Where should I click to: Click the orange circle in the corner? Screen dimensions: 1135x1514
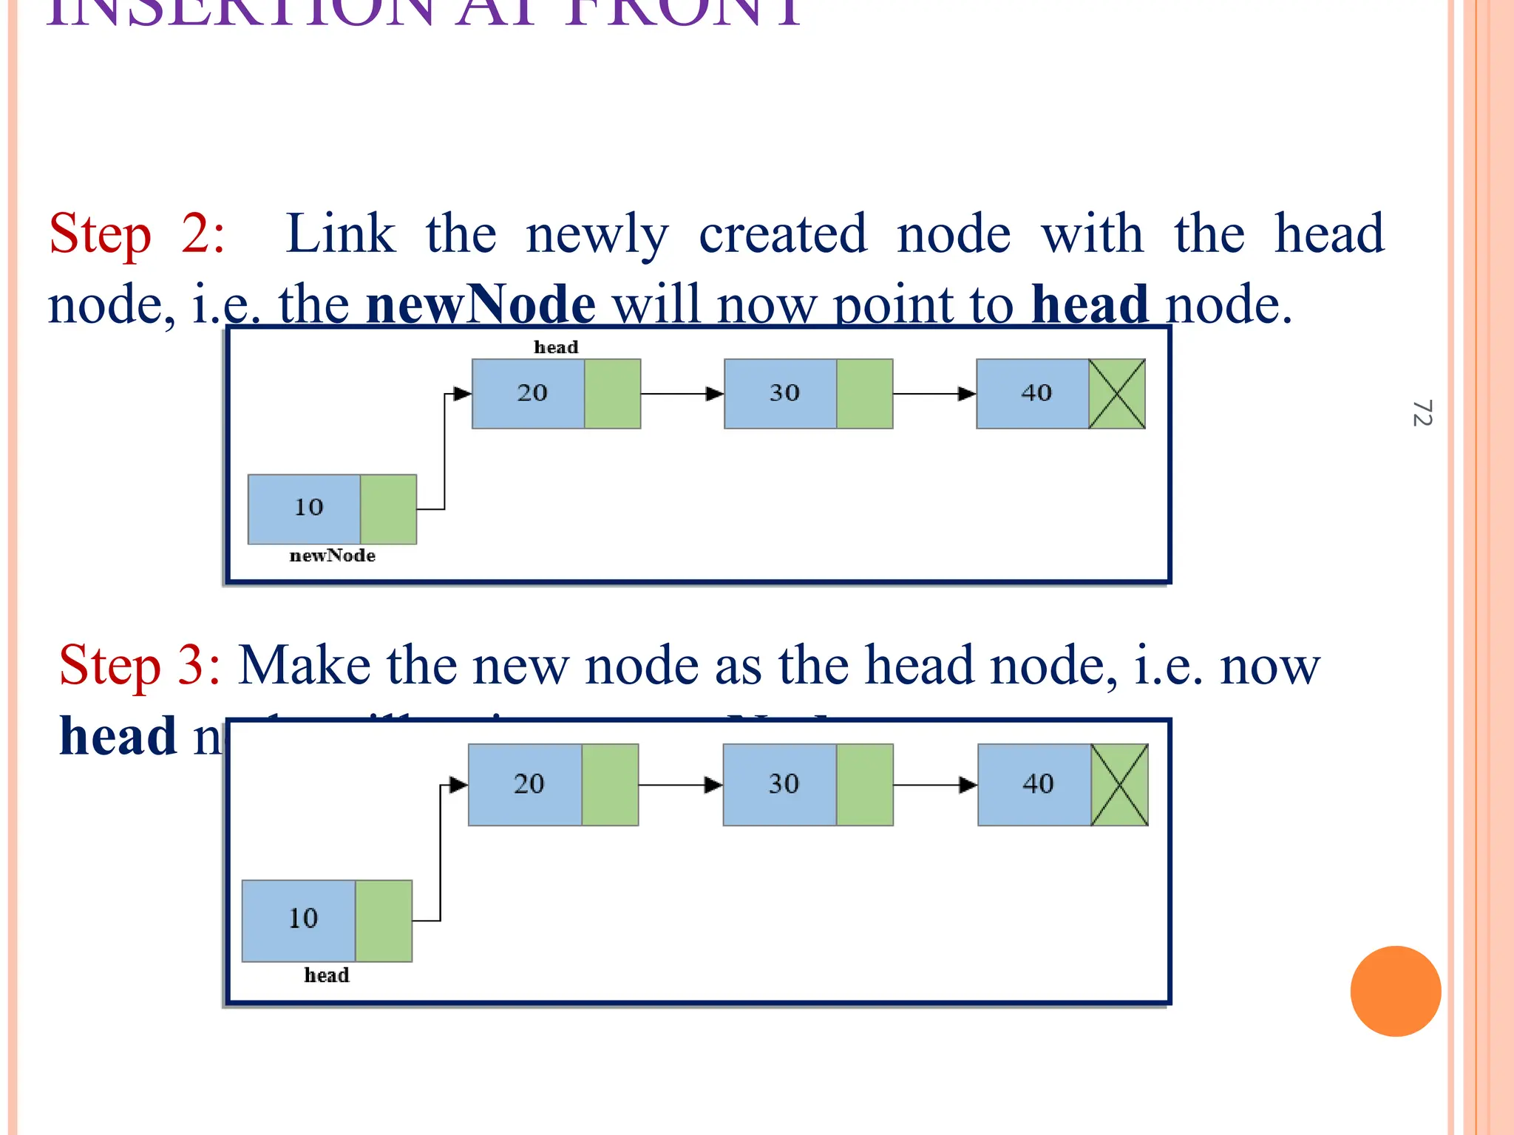(1395, 991)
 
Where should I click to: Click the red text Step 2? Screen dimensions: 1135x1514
(137, 234)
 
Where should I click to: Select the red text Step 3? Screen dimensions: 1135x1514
(140, 665)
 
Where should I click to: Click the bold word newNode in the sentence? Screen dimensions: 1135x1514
(481, 304)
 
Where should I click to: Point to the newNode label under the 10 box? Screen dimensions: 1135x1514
(332, 556)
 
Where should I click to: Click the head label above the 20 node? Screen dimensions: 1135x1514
(556, 347)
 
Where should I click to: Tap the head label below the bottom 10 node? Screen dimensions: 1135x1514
(326, 975)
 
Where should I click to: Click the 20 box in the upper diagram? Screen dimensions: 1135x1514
(529, 394)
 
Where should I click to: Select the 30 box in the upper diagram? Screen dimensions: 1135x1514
(781, 394)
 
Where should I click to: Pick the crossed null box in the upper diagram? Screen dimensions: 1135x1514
(1117, 394)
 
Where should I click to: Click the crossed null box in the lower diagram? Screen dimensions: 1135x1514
(1119, 785)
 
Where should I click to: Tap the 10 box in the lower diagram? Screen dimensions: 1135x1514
(299, 921)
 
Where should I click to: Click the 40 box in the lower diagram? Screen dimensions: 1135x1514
(1035, 785)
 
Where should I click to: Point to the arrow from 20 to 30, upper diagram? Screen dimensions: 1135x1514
(682, 394)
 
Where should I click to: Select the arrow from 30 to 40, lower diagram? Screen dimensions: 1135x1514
(935, 785)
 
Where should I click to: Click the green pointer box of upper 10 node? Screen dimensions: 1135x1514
(388, 509)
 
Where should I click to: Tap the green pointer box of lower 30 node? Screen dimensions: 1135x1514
(865, 785)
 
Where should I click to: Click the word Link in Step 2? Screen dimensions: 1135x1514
(340, 234)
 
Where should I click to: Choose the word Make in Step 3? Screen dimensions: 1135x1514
(305, 665)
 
